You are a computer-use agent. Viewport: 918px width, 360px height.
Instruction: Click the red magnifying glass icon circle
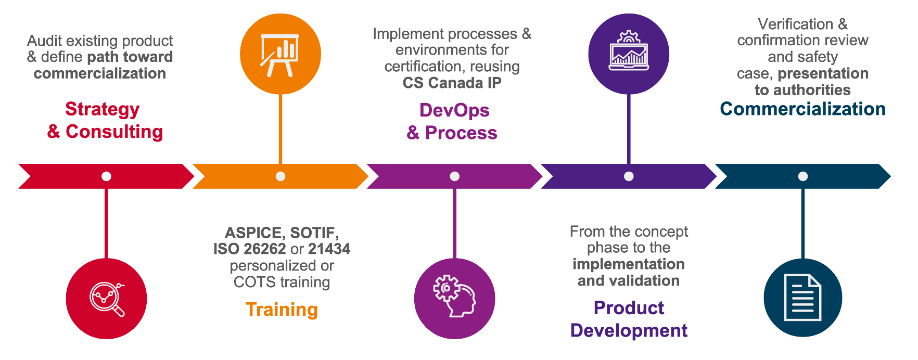click(x=106, y=299)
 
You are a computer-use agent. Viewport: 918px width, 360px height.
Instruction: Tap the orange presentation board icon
click(x=280, y=55)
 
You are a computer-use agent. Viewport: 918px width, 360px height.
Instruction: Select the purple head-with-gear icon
click(x=454, y=297)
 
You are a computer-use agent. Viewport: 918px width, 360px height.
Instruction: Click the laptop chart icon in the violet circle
click(x=629, y=50)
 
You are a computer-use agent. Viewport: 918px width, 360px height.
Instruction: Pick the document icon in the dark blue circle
click(x=802, y=298)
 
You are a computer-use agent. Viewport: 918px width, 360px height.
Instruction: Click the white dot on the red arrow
click(x=106, y=176)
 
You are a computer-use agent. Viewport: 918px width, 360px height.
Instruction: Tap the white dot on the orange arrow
click(x=280, y=176)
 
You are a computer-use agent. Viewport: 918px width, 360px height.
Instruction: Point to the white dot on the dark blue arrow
click(x=803, y=176)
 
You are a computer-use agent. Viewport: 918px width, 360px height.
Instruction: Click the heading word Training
click(x=282, y=310)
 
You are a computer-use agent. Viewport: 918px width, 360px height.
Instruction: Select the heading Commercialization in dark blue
click(x=802, y=109)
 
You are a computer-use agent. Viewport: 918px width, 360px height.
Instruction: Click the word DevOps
click(x=454, y=110)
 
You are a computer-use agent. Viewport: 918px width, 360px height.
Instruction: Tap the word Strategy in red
click(x=103, y=110)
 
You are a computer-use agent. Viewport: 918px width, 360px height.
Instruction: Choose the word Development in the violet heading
click(x=629, y=330)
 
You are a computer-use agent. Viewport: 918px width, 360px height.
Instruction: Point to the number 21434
click(x=329, y=249)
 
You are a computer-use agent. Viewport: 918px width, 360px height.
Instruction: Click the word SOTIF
click(x=314, y=233)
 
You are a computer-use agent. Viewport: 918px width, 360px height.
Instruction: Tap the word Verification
click(x=796, y=24)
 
